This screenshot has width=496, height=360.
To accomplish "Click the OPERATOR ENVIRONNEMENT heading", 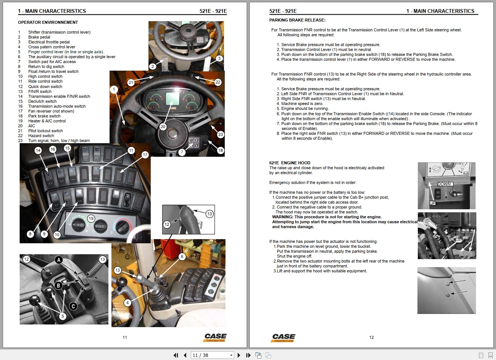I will pyautogui.click(x=48, y=22).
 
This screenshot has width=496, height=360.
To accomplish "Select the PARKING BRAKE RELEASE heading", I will pyautogui.click(x=297, y=20).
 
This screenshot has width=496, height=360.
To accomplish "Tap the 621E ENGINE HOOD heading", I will pyautogui.click(x=290, y=163).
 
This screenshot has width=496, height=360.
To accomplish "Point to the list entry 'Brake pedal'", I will pyautogui.click(x=39, y=37).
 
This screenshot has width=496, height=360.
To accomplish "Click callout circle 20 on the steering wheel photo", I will pyautogui.click(x=163, y=127).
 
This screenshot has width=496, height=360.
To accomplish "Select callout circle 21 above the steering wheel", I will pyautogui.click(x=131, y=82).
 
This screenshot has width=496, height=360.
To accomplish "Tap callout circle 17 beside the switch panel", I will pyautogui.click(x=145, y=155).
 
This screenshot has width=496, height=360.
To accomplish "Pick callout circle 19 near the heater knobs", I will pyautogui.click(x=91, y=218).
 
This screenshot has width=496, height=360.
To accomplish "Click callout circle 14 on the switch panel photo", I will pyautogui.click(x=38, y=150).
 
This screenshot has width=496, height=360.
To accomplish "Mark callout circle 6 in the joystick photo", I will pyautogui.click(x=182, y=256).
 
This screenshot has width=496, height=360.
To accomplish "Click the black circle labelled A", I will pyautogui.click(x=59, y=260).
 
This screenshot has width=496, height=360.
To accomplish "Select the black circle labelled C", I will pyautogui.click(x=74, y=306).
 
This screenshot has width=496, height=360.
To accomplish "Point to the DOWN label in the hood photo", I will pyautogui.click(x=444, y=184).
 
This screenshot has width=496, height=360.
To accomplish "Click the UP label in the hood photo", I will pyautogui.click(x=432, y=203).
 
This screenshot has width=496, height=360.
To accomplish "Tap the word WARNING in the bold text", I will pyautogui.click(x=283, y=217).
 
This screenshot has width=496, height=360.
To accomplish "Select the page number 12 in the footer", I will pyautogui.click(x=371, y=337).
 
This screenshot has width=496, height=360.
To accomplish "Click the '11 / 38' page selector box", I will pyautogui.click(x=213, y=355).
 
